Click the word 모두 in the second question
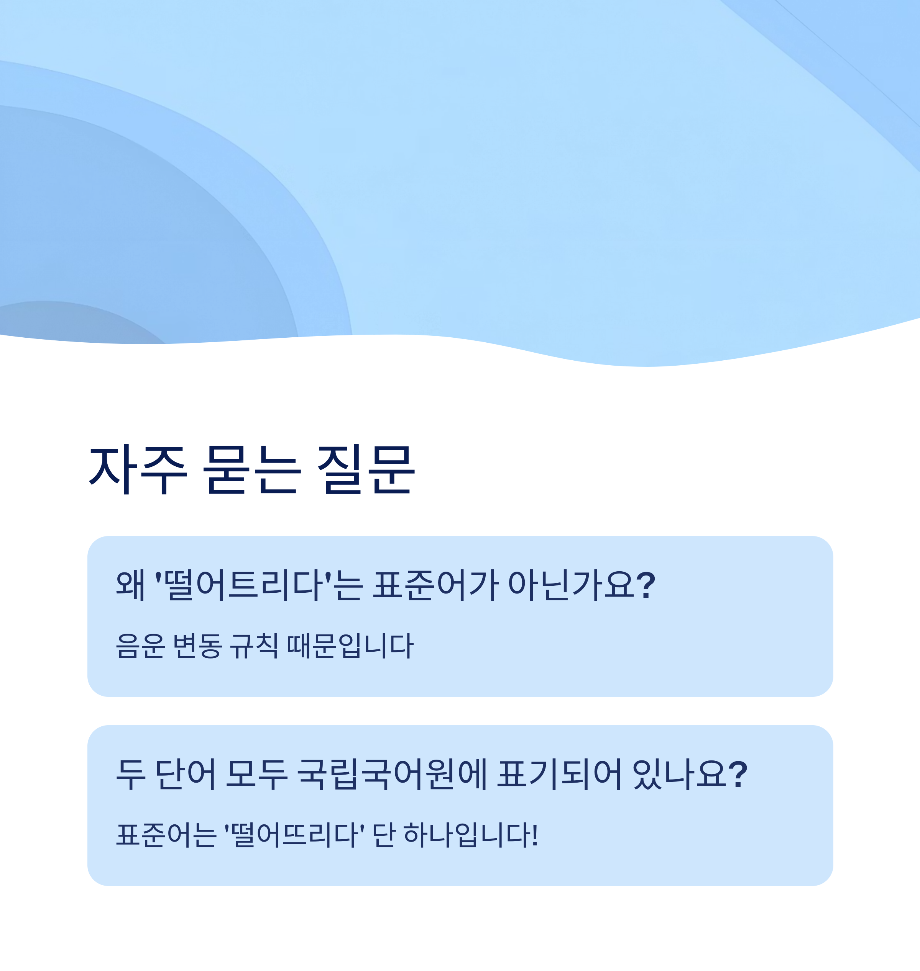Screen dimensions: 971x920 point(256,774)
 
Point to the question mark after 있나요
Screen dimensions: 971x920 point(738,774)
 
